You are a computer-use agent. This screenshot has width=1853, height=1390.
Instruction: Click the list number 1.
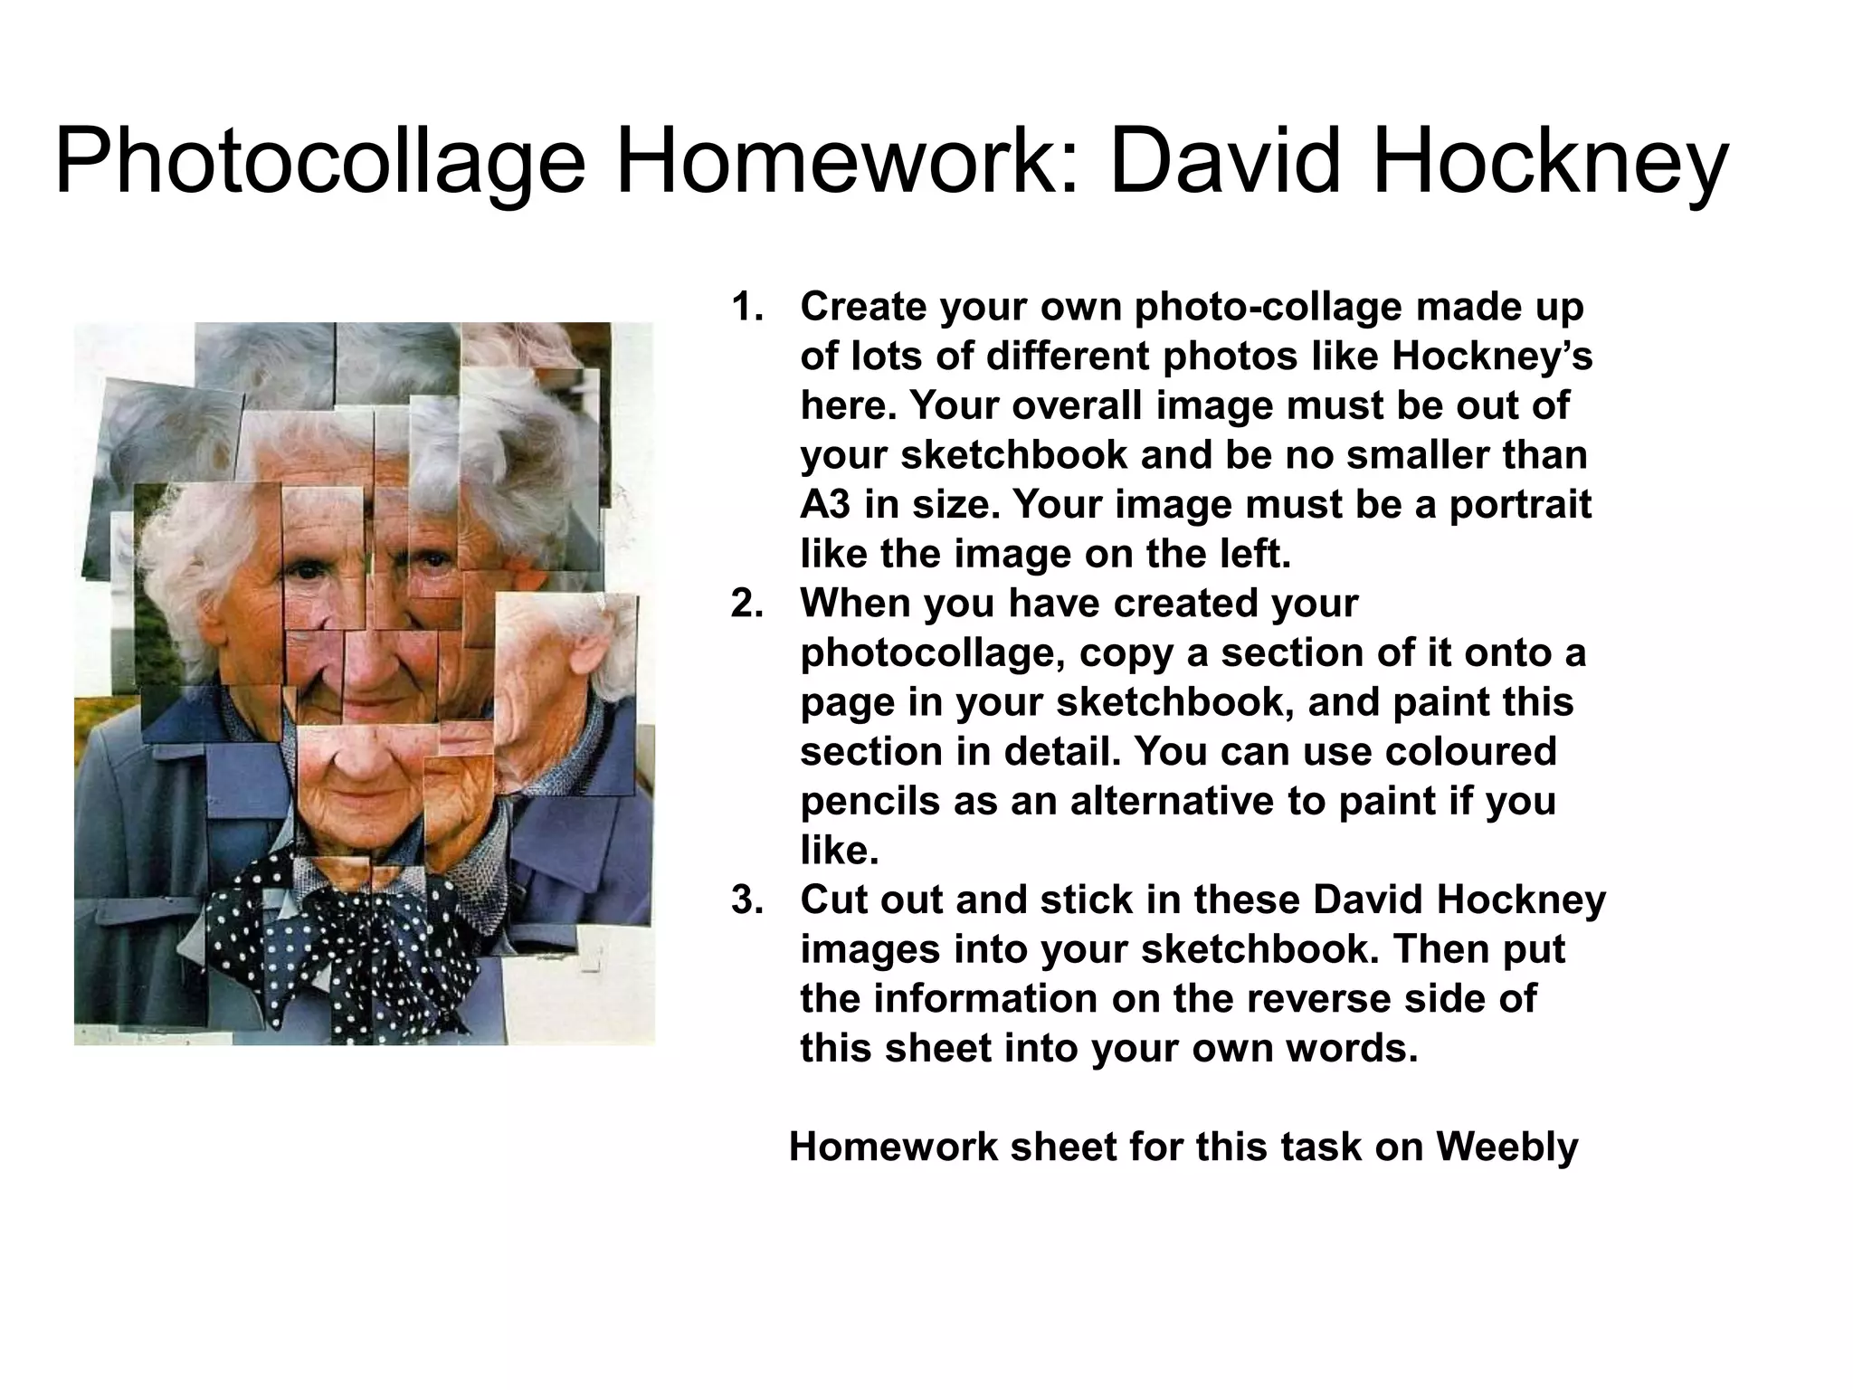point(746,308)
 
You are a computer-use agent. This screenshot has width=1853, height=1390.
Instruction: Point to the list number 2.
point(746,604)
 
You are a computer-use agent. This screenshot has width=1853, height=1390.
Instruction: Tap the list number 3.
point(746,900)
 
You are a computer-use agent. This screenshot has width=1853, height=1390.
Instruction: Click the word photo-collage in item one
point(1268,308)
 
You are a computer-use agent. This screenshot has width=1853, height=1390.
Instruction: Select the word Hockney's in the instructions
point(1491,357)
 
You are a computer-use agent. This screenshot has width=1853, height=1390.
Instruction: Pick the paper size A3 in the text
point(825,505)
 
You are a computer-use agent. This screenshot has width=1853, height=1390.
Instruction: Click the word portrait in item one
point(1519,505)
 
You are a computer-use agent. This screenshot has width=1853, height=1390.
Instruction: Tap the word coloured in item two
point(1466,752)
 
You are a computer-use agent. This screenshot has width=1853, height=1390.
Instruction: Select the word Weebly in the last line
point(1506,1147)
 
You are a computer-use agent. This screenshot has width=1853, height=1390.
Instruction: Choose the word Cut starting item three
point(832,900)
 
